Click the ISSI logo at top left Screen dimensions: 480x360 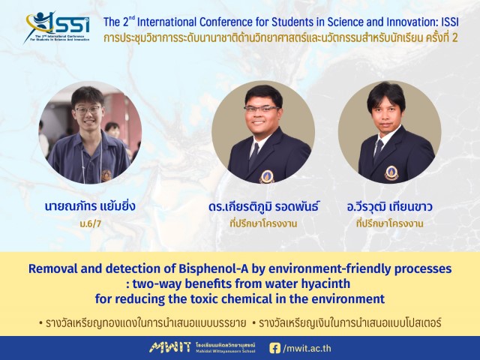coord(57,27)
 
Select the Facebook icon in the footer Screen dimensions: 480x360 coord(274,348)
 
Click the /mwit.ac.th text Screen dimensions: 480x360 coord(307,348)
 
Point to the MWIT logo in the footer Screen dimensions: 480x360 coord(170,347)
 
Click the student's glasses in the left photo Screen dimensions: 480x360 coord(88,110)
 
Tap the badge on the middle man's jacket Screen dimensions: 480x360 coord(267,177)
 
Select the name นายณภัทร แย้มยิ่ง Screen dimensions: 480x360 coord(90,206)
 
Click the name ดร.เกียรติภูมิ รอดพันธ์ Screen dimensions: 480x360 coord(263,207)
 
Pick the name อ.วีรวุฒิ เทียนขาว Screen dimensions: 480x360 coord(390,207)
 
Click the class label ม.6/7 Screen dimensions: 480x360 coord(90,223)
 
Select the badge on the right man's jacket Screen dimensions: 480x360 coord(391,173)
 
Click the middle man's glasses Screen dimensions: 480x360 coord(262,109)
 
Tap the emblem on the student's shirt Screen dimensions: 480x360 coord(106,175)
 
